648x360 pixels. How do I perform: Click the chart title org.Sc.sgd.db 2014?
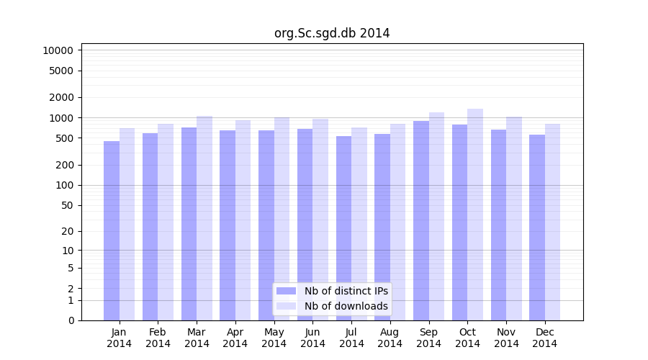pos(332,33)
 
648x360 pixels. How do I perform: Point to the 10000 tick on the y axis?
pos(58,50)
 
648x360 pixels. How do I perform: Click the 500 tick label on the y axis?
pos(64,138)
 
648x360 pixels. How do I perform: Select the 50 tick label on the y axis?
pos(67,205)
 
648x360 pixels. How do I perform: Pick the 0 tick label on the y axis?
pos(71,320)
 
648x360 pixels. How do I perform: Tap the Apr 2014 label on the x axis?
pos(235,338)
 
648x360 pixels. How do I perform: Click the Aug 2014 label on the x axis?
pos(390,338)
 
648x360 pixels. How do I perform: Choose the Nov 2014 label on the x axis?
pos(506,338)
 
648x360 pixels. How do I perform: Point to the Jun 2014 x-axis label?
pos(312,338)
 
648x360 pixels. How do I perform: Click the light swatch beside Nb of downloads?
pos(287,306)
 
